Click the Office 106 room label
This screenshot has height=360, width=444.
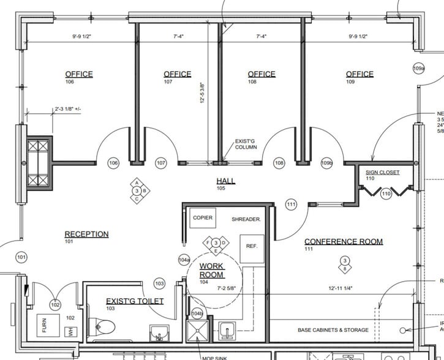(79, 75)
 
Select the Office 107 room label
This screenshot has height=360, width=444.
(177, 75)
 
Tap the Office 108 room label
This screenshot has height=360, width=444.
(261, 75)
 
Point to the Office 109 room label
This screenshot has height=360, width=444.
(359, 75)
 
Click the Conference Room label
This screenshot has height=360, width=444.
(344, 242)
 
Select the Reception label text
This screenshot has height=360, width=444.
(86, 234)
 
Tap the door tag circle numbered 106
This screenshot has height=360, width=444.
(113, 163)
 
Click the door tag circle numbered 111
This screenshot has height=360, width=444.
(291, 204)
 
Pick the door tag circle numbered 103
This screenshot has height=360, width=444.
(159, 283)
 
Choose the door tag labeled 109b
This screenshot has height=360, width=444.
(326, 163)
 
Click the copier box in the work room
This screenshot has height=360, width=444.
(202, 218)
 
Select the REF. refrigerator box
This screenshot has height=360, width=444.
(251, 246)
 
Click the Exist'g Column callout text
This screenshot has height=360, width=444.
(247, 145)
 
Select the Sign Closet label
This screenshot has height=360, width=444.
(383, 173)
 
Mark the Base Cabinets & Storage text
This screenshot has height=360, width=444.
(333, 330)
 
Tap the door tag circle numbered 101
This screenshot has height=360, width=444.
(21, 257)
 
